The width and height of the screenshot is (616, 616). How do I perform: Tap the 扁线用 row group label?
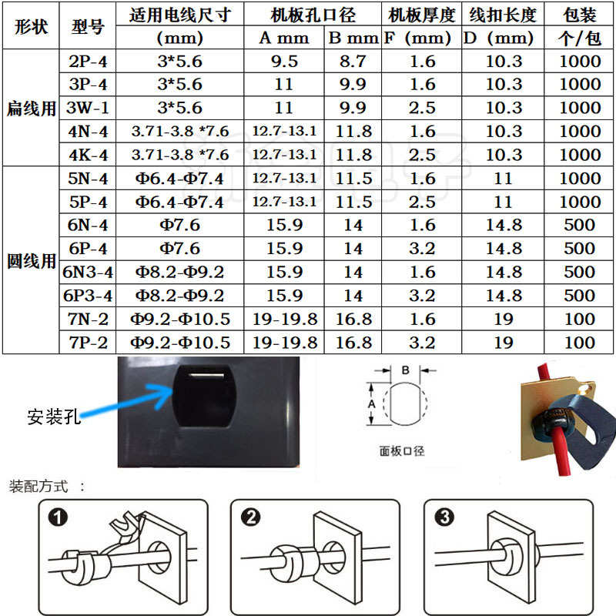tap(31, 109)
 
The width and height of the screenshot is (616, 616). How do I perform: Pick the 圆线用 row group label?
tap(31, 260)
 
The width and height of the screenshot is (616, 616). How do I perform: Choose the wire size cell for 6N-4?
tap(179, 226)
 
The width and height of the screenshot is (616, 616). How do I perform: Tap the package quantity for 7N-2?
tap(580, 319)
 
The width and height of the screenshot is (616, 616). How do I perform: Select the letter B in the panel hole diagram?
tap(406, 370)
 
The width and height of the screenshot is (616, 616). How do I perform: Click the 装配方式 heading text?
tap(38, 487)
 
